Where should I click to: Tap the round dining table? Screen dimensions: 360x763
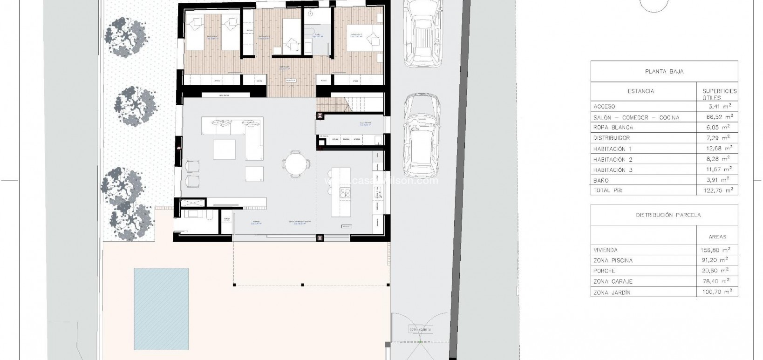pyautogui.click(x=295, y=163)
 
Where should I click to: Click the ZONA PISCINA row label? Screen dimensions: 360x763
pyautogui.click(x=613, y=260)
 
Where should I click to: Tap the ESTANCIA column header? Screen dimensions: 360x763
pyautogui.click(x=640, y=91)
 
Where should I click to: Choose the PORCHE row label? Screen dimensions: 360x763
pyautogui.click(x=604, y=271)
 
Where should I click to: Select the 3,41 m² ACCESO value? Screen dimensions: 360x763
pyautogui.click(x=720, y=106)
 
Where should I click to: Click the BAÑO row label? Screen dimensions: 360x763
pyautogui.click(x=601, y=180)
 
